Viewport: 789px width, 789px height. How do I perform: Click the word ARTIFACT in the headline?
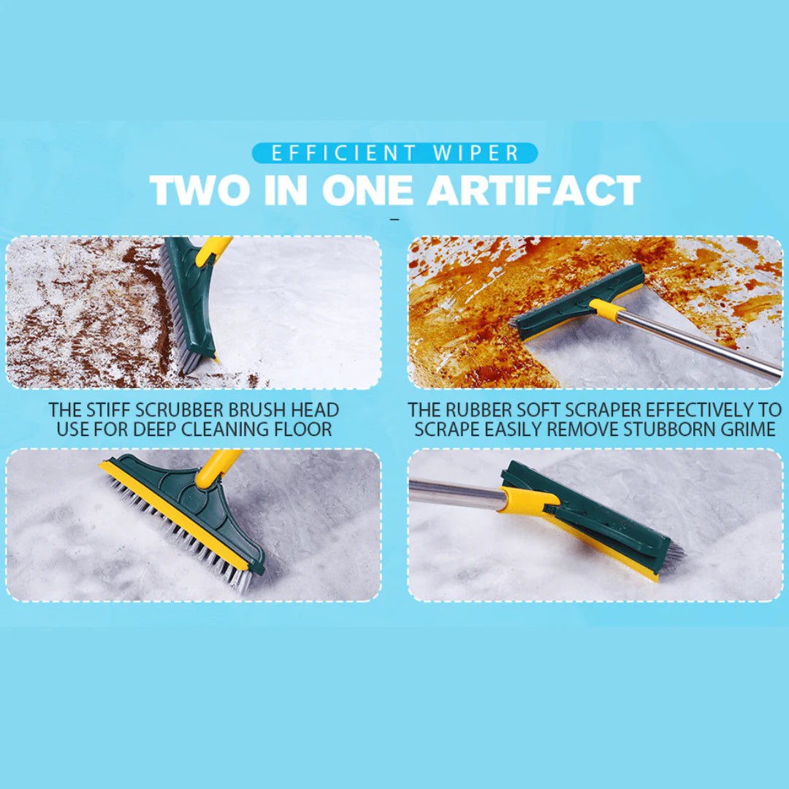pyautogui.click(x=534, y=191)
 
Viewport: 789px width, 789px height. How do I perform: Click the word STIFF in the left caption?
pyautogui.click(x=109, y=410)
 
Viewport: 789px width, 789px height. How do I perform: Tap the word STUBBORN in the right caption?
pyautogui.click(x=670, y=429)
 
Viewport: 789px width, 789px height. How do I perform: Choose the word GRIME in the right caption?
pyautogui.click(x=750, y=429)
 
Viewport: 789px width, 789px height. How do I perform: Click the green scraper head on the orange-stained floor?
pyautogui.click(x=577, y=300)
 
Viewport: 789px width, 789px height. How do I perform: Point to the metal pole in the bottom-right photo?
pyautogui.click(x=453, y=492)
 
